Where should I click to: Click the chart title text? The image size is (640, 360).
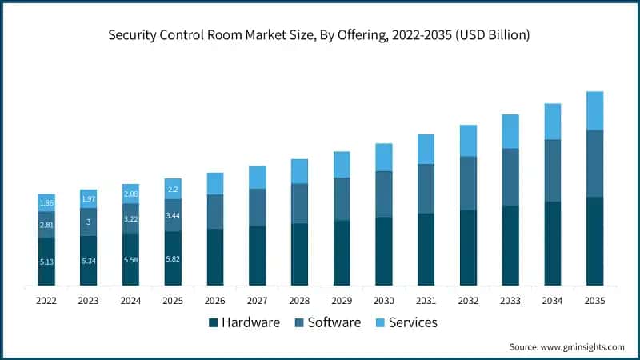point(320,35)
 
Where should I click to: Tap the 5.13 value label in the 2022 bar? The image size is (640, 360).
point(46,261)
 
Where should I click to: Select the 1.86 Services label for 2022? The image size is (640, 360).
point(46,204)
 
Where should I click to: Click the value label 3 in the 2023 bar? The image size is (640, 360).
point(88,222)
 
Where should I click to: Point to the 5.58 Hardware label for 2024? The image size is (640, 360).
point(130,260)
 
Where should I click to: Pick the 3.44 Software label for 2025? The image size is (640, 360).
point(173,215)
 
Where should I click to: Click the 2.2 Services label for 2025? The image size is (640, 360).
point(173,190)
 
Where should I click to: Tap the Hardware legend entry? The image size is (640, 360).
point(244,322)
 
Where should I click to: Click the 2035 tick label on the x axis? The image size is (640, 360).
point(594,301)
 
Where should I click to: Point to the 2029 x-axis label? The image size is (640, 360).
point(342,301)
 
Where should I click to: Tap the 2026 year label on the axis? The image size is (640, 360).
point(215,301)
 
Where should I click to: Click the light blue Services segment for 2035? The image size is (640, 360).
point(594,110)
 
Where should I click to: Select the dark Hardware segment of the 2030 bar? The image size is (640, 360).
point(384,251)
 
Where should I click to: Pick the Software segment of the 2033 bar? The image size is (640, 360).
point(510,177)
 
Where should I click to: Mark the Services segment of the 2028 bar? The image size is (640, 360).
point(299,171)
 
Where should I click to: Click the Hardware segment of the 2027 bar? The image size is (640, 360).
point(257,256)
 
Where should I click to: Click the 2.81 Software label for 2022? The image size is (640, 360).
point(46,226)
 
